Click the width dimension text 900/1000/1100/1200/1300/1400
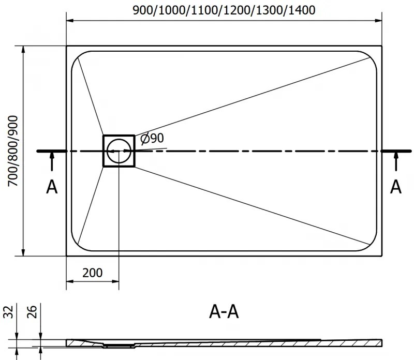[x=224, y=10]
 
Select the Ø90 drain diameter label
[x=152, y=139]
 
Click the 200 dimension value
[x=93, y=273]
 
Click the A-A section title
[x=224, y=312]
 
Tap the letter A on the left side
[x=52, y=187]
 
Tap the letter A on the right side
[x=396, y=187]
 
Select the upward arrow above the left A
[x=52, y=163]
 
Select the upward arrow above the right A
[x=396, y=163]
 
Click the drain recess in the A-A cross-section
[x=120, y=343]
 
